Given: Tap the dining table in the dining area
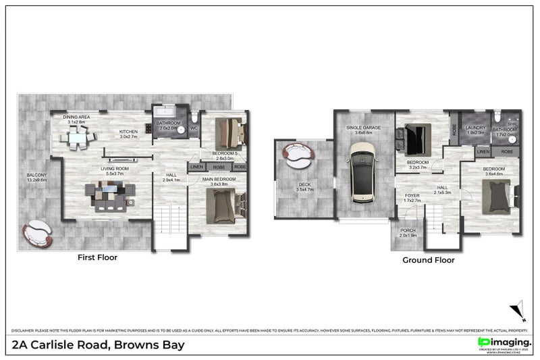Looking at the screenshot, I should [77, 138].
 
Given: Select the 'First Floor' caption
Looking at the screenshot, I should [99, 257].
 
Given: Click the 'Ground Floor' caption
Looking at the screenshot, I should [428, 259].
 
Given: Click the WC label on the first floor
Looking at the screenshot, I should [194, 127].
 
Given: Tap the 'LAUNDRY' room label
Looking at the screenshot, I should [476, 127].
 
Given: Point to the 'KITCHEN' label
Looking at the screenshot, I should [129, 131].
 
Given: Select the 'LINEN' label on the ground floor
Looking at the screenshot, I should [483, 152].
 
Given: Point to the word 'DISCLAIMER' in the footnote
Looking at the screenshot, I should [24, 330].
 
